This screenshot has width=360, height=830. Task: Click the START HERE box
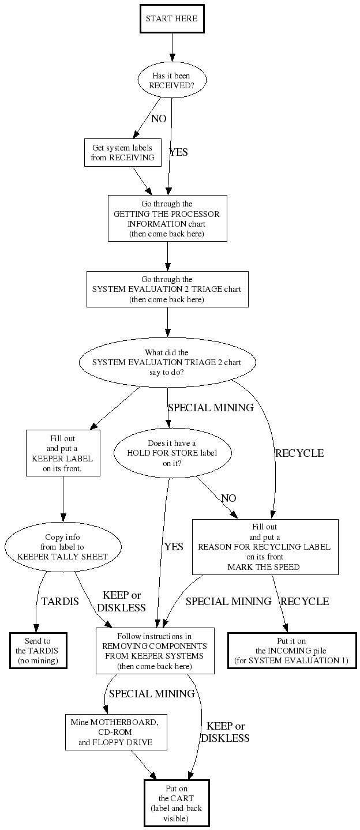(x=172, y=19)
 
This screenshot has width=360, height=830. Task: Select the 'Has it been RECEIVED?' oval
(x=171, y=80)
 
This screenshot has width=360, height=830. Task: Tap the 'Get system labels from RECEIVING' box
(x=122, y=153)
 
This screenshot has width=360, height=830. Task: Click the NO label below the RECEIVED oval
(x=159, y=119)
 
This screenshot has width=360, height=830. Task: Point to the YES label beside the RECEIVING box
(x=178, y=153)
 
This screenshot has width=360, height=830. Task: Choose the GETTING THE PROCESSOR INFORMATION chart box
(x=167, y=218)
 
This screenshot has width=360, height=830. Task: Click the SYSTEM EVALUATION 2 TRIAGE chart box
(x=167, y=289)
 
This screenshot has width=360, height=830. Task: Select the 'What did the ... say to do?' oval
(x=167, y=363)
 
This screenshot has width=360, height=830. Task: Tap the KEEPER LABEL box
(x=63, y=453)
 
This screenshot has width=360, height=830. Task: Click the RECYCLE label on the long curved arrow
(x=299, y=453)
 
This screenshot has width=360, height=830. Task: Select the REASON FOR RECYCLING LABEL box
(x=265, y=547)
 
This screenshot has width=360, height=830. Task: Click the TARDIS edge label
(x=60, y=602)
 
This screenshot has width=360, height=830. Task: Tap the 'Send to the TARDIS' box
(x=38, y=651)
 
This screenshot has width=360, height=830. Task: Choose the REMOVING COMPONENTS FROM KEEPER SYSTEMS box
(x=155, y=651)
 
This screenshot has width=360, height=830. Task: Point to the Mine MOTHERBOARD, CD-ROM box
(x=115, y=732)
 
